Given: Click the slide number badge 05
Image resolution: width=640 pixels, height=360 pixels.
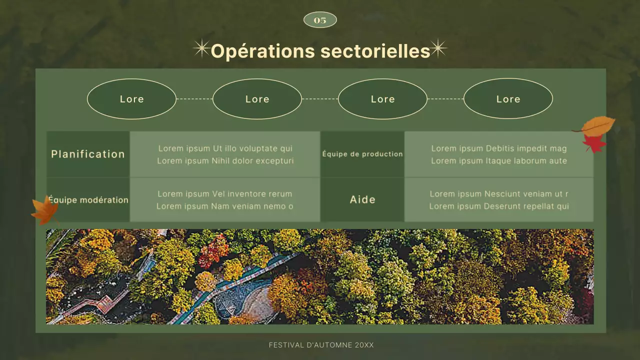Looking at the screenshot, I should click(x=320, y=20).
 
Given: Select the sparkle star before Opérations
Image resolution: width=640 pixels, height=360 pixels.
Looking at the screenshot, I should click(x=201, y=48).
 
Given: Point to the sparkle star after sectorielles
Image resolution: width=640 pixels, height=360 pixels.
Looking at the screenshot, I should click(x=438, y=48).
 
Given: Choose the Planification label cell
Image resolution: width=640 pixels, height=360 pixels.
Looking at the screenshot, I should click(x=88, y=154).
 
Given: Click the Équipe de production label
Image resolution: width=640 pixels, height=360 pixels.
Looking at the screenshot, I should click(x=362, y=154).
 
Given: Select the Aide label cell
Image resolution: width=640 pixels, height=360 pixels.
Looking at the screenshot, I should click(x=362, y=199).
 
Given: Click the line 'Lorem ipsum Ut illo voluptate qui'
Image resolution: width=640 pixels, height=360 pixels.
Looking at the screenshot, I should click(x=225, y=148).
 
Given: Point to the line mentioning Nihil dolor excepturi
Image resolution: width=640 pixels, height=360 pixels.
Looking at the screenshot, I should click(x=225, y=161).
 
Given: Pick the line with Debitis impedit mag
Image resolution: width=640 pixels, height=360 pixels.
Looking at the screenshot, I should click(x=499, y=148).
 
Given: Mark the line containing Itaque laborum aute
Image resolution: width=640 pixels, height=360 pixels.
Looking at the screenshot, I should click(x=499, y=161).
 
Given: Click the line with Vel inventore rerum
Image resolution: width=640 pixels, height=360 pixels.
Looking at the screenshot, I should click(x=225, y=194).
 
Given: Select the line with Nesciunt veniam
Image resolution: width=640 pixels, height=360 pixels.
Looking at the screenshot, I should click(x=499, y=194).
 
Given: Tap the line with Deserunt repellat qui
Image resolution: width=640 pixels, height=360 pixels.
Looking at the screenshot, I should click(x=499, y=206).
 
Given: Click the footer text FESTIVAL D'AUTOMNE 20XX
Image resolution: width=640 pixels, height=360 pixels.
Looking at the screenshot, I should click(x=321, y=345).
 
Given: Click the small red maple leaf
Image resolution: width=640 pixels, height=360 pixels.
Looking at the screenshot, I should click(x=594, y=144).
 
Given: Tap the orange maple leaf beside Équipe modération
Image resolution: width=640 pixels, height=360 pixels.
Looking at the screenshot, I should click(x=45, y=210).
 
